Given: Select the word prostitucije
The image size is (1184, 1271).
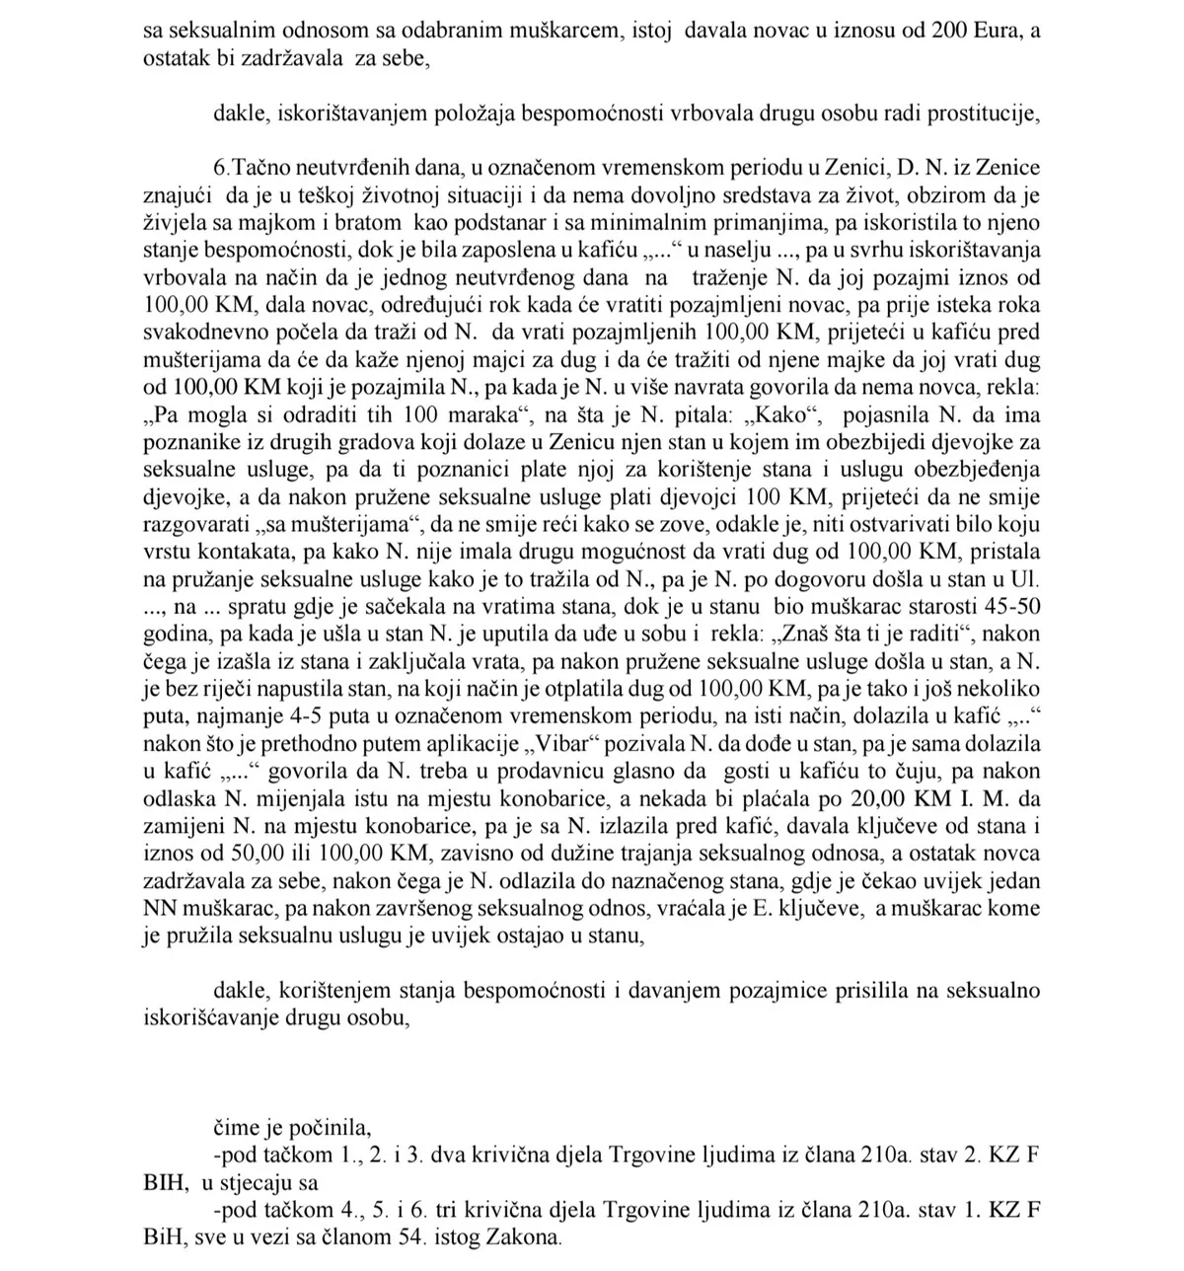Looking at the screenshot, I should (989, 112).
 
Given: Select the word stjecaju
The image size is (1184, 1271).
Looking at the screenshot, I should (260, 1182).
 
